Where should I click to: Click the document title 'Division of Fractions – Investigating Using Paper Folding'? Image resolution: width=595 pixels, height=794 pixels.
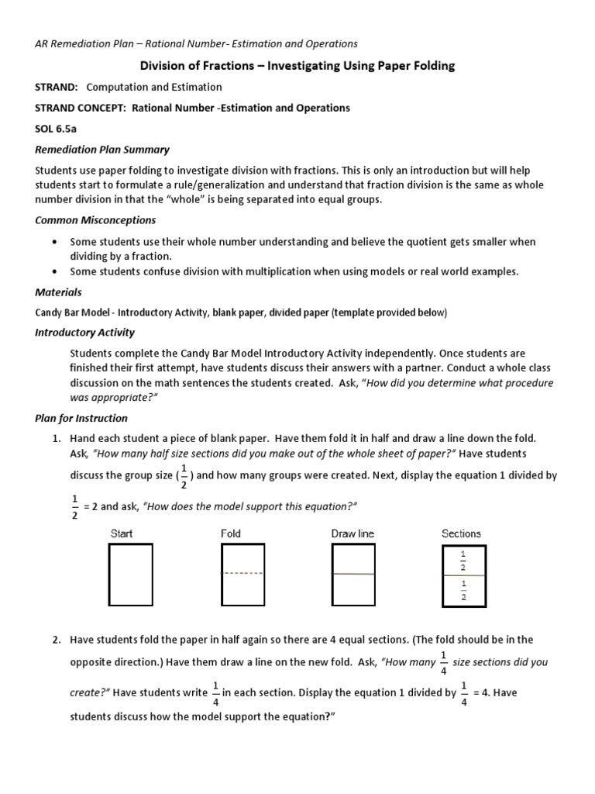coord(297,66)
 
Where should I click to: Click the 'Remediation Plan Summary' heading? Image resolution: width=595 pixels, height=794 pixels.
coord(102,149)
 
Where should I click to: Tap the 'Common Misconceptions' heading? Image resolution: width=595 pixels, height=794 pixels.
coord(95,220)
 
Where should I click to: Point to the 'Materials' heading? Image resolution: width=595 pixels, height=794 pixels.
coord(58,292)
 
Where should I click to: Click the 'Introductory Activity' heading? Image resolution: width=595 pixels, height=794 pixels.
coord(85,332)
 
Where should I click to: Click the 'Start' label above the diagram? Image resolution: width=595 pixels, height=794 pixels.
coord(122,533)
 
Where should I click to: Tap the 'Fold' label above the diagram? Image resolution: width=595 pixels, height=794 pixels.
coord(231,533)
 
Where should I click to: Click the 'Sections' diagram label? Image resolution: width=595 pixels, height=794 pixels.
coord(461,533)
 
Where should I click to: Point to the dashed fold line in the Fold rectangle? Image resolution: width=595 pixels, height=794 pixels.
coord(243,574)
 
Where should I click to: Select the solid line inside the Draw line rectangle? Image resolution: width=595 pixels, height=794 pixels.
coord(353,574)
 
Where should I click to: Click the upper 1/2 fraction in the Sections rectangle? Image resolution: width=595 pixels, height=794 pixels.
coord(463,561)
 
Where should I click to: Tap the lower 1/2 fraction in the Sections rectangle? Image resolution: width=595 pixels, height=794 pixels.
coord(463,590)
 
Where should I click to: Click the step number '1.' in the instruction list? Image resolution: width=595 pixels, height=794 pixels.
coord(57,438)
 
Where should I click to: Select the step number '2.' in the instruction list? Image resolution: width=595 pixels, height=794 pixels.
coord(57,640)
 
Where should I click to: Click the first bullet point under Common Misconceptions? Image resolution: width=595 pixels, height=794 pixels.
coord(53,242)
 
